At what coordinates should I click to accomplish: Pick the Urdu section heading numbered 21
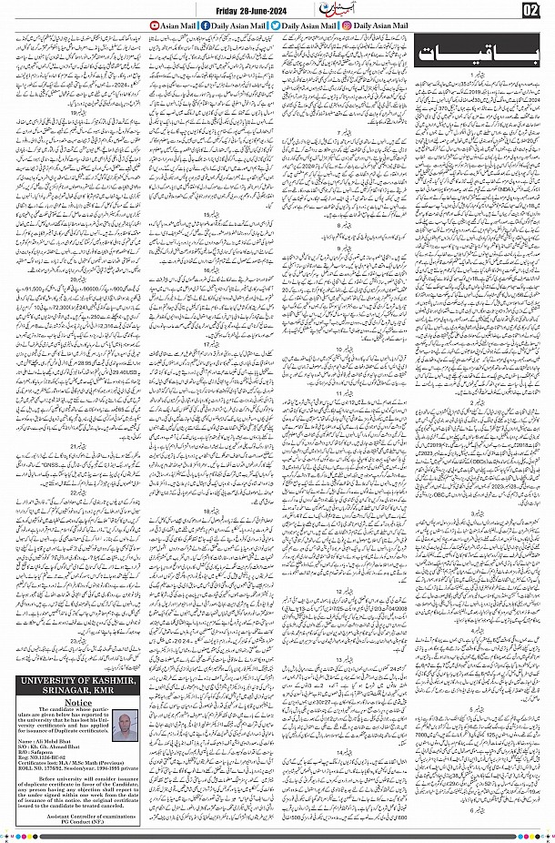(x=79, y=446)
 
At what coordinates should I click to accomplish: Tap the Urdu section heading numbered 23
(x=79, y=641)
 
